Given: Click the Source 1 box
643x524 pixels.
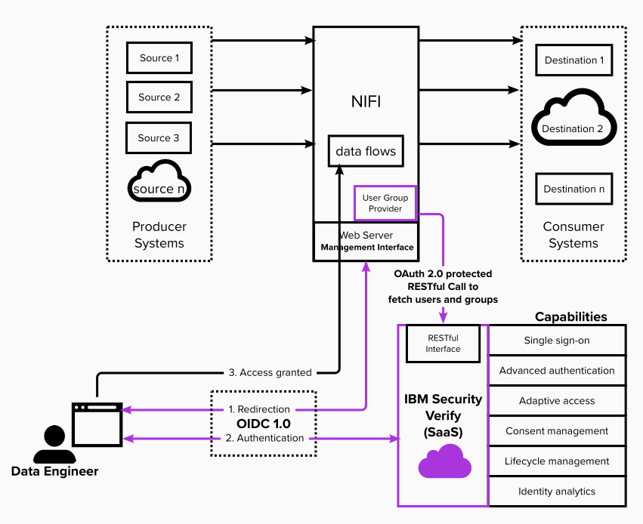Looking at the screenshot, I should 159,58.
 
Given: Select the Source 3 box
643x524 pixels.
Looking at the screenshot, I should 159,138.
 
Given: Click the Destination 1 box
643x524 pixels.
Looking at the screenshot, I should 573,60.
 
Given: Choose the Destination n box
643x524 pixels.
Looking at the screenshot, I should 573,189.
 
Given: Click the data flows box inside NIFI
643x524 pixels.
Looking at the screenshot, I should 366,151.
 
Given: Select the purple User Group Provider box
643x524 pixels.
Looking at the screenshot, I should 385,203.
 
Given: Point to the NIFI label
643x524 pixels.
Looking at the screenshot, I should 366,101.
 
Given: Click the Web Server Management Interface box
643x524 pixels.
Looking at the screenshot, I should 366,242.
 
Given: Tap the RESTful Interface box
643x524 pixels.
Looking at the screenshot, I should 443,344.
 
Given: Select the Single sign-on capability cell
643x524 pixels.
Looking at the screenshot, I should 557,341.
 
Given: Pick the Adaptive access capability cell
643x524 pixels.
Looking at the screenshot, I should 557,401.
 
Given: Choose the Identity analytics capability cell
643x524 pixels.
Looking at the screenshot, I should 557,492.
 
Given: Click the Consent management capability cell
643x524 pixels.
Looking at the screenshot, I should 557,431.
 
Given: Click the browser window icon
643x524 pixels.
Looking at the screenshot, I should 97,425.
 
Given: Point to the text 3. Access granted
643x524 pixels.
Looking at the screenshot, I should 270,372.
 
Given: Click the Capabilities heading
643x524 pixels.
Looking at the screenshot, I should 570,316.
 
